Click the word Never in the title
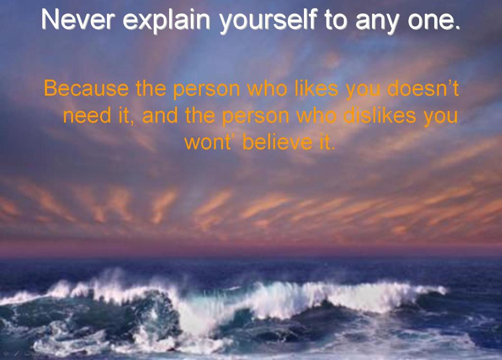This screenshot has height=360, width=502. [77, 19]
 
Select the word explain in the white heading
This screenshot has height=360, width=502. [166, 21]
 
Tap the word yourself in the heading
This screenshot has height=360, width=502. [268, 21]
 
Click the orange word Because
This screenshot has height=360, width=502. [86, 88]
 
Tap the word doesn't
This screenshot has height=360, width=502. [423, 88]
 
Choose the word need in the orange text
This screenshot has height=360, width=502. [87, 115]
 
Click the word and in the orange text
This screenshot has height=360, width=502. [160, 115]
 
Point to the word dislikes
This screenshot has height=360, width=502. [379, 115]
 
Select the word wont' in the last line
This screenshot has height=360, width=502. [208, 142]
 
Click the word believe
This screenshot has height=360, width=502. [277, 142]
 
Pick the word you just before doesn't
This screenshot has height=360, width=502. [363, 90]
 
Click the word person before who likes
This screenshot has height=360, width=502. [206, 90]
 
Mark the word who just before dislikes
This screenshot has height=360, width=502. [316, 115]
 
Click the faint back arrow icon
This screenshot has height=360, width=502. [6, 354]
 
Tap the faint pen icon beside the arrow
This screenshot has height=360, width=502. [16, 354]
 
